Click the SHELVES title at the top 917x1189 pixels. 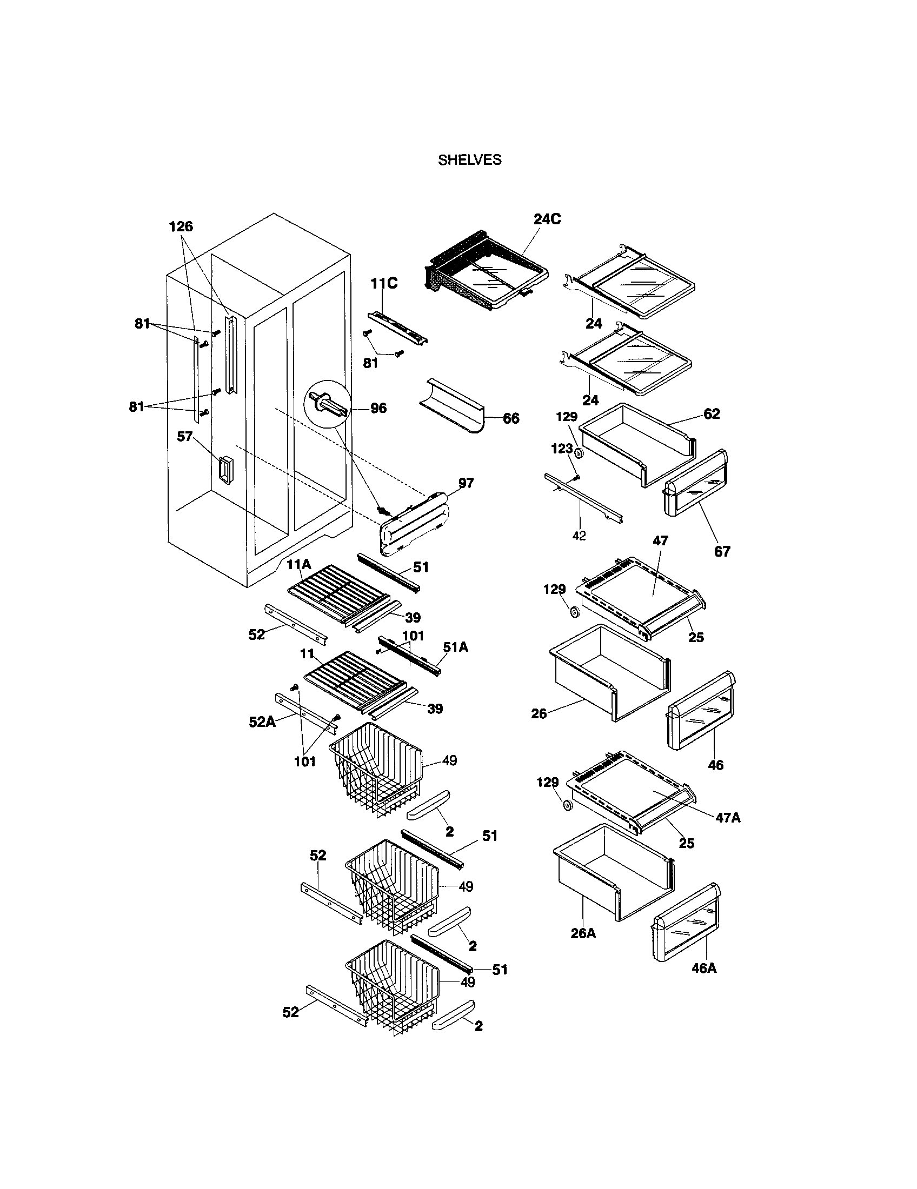coord(469,160)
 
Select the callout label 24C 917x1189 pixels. coord(547,219)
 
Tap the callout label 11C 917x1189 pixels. coord(384,284)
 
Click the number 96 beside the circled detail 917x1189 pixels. coord(378,408)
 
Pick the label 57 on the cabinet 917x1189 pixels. coord(185,436)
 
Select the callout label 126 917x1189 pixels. coord(181,226)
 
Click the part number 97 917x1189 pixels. coord(466,483)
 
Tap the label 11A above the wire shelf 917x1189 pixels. coord(299,565)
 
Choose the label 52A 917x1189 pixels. coord(262,722)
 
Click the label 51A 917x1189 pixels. coord(455,647)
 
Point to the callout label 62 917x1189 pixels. coord(711,414)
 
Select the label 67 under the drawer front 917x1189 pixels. coord(722,551)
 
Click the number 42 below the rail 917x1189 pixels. coord(579,536)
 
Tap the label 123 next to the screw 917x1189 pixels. coord(562,449)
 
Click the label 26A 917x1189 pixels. coord(583,933)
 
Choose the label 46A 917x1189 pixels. coord(703,968)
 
